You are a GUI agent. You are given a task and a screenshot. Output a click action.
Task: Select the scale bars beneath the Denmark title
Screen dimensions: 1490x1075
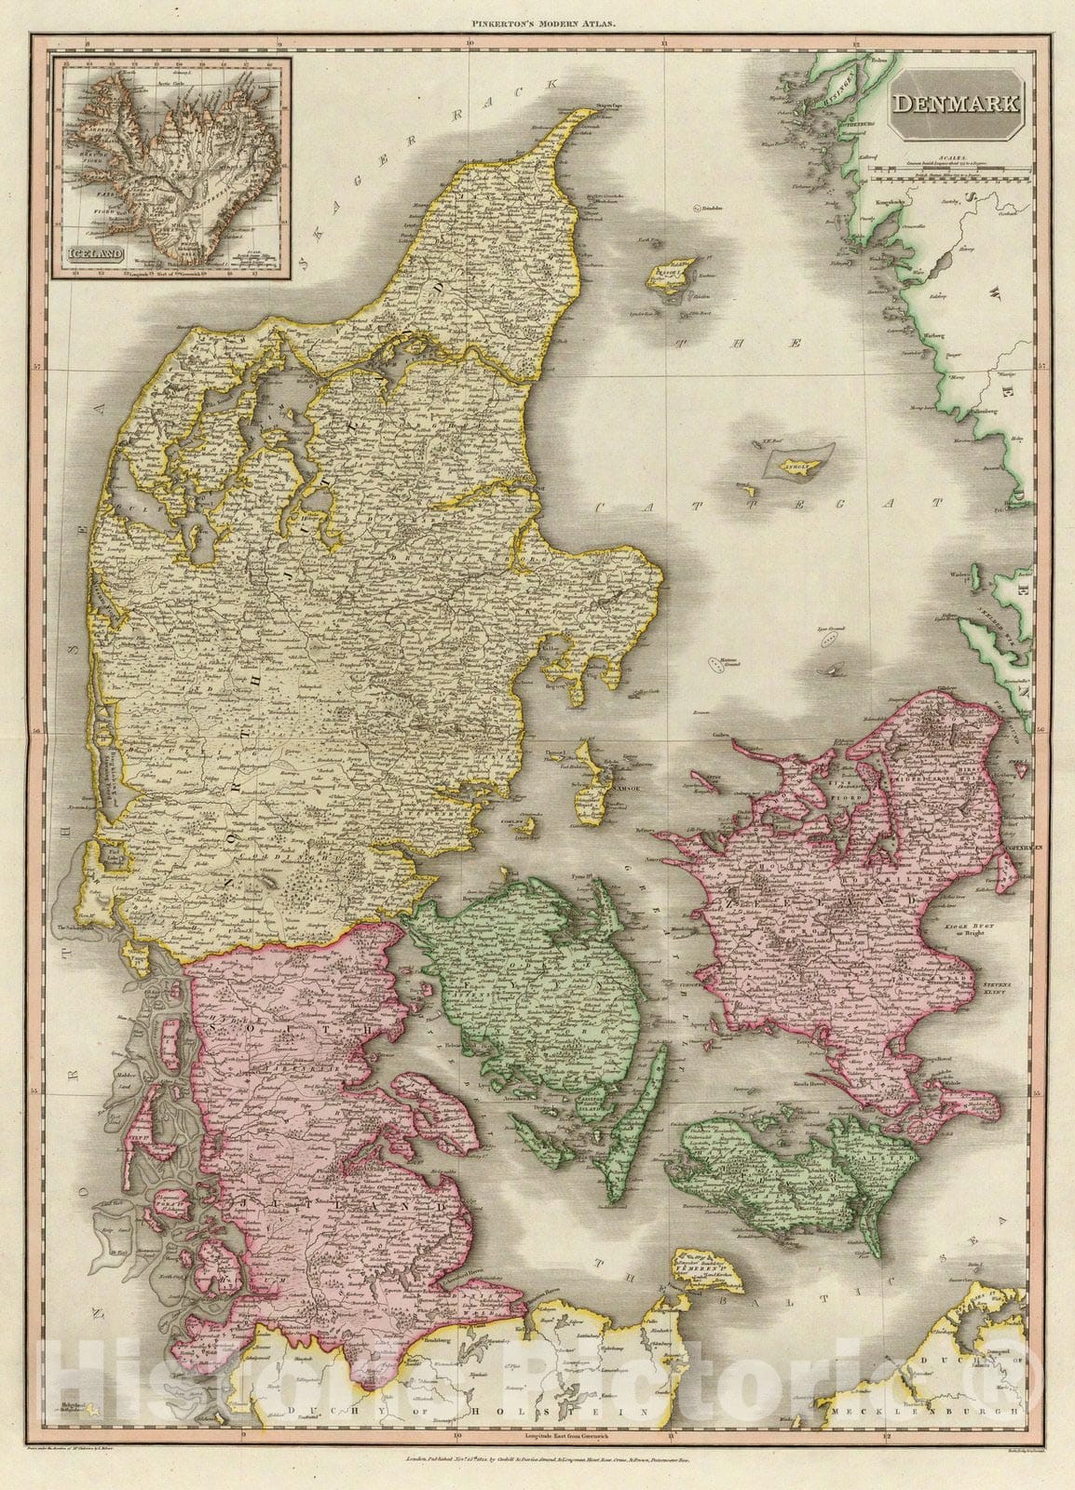[x=959, y=169]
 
